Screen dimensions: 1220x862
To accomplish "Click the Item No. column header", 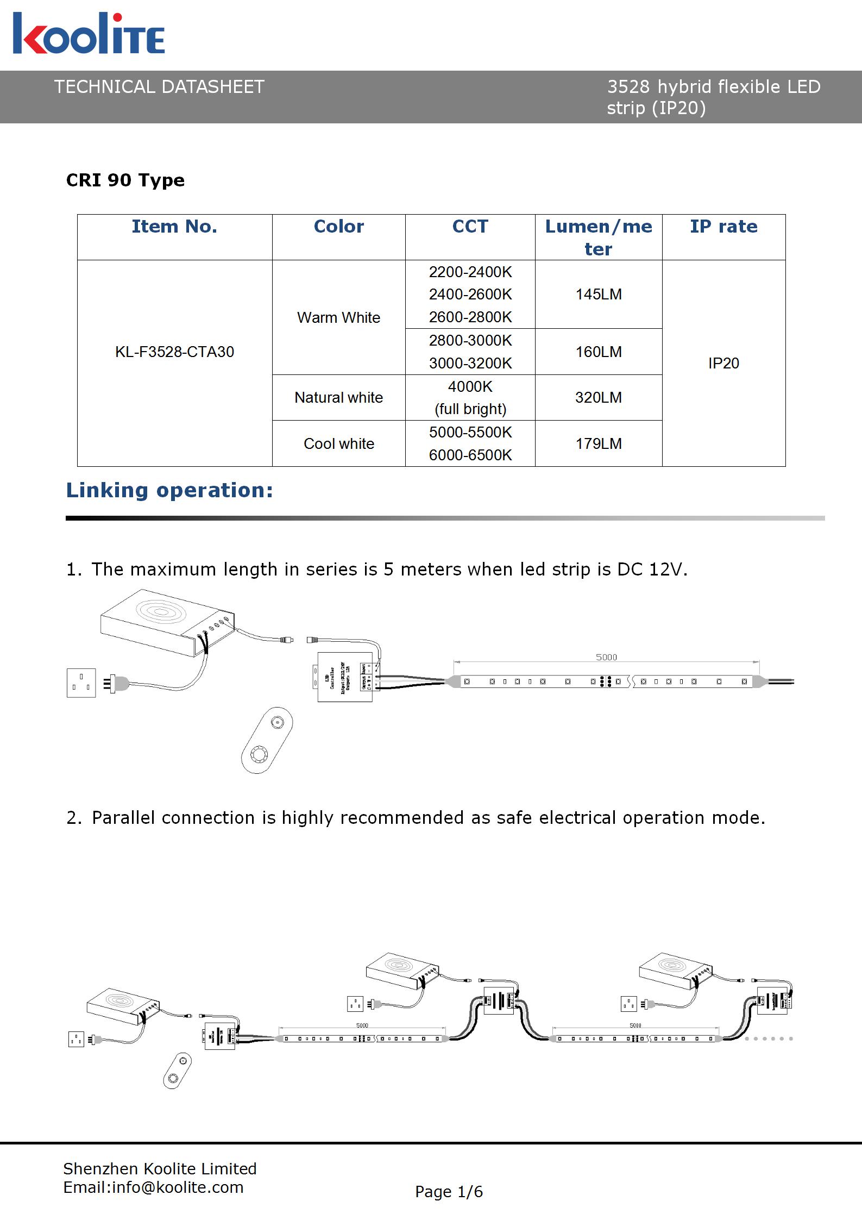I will click(x=174, y=227).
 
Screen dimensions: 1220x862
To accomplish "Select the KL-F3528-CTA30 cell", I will click(x=174, y=352).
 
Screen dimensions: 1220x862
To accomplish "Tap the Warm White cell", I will click(x=338, y=317).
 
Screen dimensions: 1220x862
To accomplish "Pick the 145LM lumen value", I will click(x=598, y=295).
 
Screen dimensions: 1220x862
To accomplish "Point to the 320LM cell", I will click(x=598, y=398).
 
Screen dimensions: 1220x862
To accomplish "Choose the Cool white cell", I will click(x=338, y=444).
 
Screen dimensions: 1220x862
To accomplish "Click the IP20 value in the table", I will click(x=723, y=363).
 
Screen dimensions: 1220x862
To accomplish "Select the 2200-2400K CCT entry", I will click(x=470, y=272).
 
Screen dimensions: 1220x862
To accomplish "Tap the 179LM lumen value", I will click(x=598, y=444).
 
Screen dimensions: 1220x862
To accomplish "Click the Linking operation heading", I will click(x=169, y=490).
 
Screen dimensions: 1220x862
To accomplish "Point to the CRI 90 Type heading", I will click(x=125, y=180).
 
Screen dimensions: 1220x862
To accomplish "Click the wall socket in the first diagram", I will click(x=81, y=683).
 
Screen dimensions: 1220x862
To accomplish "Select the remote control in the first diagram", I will click(x=267, y=740).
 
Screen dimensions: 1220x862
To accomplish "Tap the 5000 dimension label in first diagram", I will click(x=606, y=657).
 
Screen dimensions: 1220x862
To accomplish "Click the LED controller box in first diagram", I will click(x=345, y=677).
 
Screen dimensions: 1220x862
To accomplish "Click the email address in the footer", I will click(x=153, y=1187).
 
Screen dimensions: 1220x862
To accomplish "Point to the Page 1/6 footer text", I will click(x=449, y=1192).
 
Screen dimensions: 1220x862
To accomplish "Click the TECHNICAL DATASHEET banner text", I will click(x=159, y=87).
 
